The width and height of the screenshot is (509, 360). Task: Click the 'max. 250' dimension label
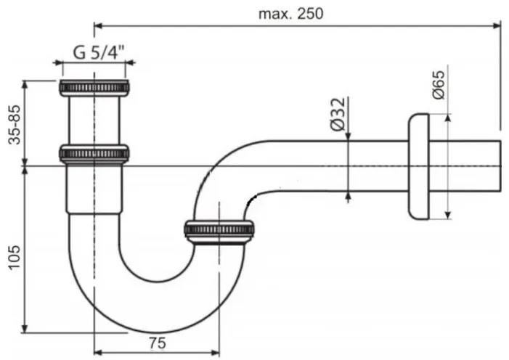(x=290, y=14)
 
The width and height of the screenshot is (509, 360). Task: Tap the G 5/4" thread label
(x=99, y=52)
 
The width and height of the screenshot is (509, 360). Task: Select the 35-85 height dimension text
(x=15, y=124)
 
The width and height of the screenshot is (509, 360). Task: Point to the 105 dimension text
(x=15, y=257)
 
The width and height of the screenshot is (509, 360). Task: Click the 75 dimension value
(x=158, y=343)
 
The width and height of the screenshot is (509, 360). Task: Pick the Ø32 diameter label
(x=338, y=114)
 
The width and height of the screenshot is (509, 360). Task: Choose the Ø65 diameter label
(x=439, y=85)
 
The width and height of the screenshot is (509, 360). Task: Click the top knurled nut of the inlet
(x=94, y=88)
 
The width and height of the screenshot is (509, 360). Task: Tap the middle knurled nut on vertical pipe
(x=94, y=153)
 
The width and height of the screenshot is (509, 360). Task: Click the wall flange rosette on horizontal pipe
(x=419, y=166)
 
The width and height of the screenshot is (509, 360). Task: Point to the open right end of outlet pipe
(x=500, y=166)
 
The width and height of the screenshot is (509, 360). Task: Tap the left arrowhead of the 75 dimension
(x=98, y=353)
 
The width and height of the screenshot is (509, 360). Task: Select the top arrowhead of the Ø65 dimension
(x=448, y=118)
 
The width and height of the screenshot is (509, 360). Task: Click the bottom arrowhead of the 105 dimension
(x=25, y=328)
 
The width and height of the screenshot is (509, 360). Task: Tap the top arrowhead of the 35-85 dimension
(x=25, y=84)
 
